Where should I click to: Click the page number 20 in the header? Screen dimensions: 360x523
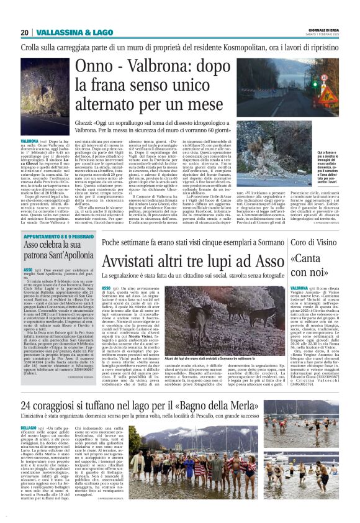tap(25, 32)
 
